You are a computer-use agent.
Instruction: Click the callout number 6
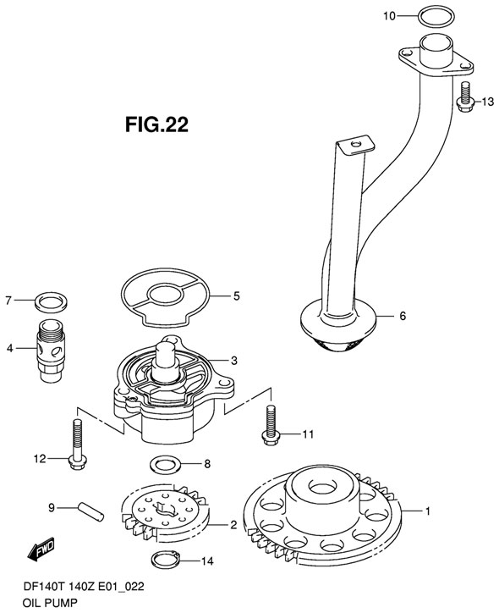tap(402, 316)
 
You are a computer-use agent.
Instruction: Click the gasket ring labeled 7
tap(51, 301)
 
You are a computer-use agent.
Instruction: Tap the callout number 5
tap(237, 296)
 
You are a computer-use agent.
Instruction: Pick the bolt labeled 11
tap(270, 423)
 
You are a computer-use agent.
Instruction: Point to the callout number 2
tap(233, 524)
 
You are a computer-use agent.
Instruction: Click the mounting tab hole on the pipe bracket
tap(355, 146)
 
